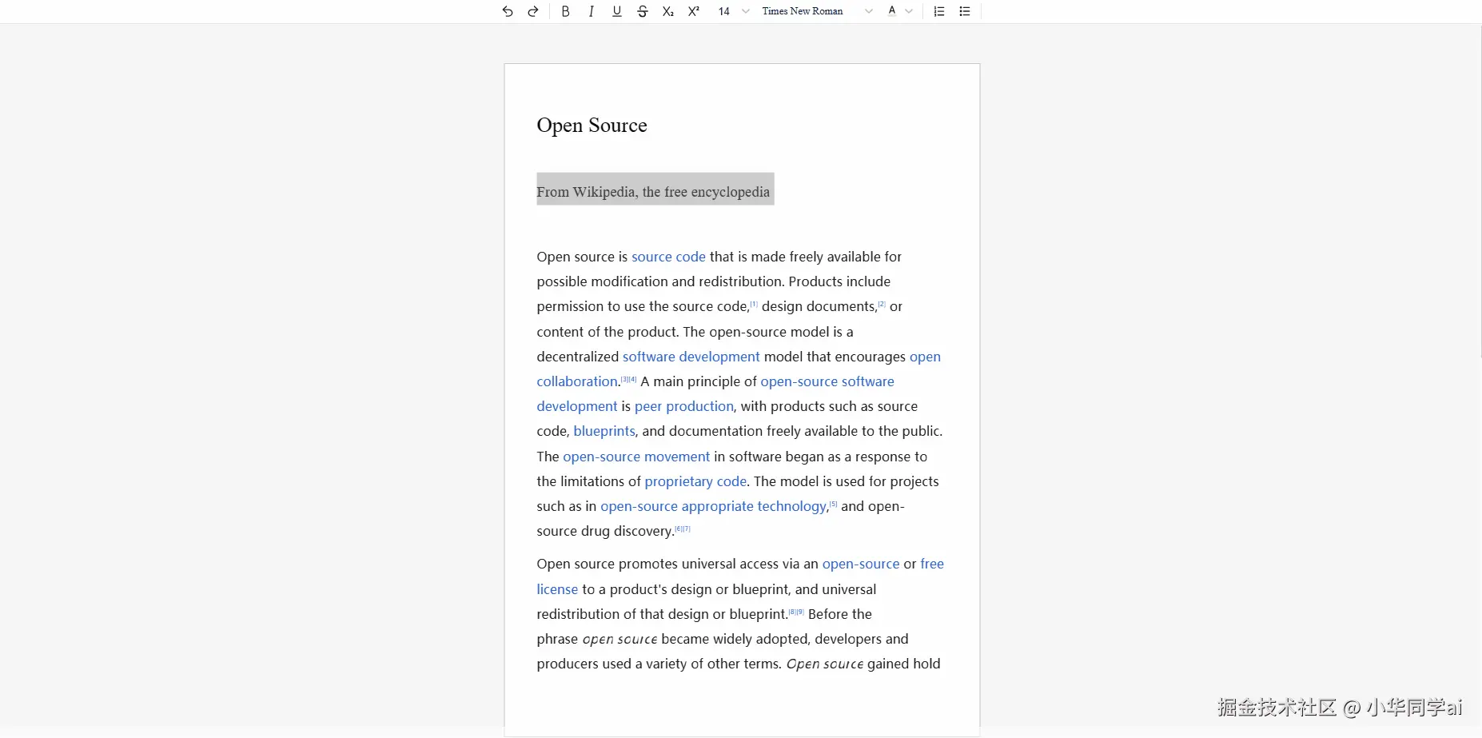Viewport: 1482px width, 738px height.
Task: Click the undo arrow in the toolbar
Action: (x=508, y=11)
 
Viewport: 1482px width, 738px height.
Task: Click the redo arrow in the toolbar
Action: (x=533, y=11)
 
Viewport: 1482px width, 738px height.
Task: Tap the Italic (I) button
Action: (x=591, y=11)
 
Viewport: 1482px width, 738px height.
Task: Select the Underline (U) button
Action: (x=616, y=11)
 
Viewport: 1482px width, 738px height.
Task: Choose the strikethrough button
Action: (x=643, y=11)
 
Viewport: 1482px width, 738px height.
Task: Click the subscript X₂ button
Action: (x=668, y=11)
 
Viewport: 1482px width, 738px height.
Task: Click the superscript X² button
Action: (x=694, y=11)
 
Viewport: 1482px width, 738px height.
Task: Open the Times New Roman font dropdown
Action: (x=816, y=11)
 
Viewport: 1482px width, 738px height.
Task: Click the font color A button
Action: (x=892, y=11)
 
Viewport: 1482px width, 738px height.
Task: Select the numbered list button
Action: (x=939, y=11)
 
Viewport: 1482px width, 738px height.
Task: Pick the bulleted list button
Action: (x=965, y=11)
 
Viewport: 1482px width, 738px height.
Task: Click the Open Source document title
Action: (x=592, y=126)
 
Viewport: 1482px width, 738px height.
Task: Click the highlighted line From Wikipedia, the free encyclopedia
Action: (x=653, y=192)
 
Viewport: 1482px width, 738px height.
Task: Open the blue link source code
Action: (x=668, y=257)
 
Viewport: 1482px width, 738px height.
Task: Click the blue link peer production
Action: (x=683, y=406)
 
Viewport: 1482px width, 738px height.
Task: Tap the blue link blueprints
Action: (x=604, y=431)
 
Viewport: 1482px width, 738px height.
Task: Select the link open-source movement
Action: (x=635, y=457)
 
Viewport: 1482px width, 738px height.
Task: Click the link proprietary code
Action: (x=695, y=481)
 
